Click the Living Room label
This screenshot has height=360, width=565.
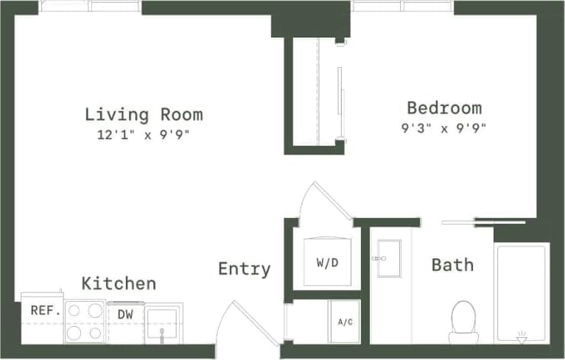[x=144, y=114]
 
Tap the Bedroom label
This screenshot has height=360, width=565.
[x=444, y=108]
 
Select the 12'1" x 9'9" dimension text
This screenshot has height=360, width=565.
[x=144, y=135]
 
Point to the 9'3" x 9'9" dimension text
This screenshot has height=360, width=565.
[x=444, y=127]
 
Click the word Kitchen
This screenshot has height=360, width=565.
[x=119, y=283]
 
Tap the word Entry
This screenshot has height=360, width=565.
[x=244, y=269]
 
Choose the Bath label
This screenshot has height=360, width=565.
[x=452, y=264]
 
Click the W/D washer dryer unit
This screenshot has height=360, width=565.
[x=327, y=261]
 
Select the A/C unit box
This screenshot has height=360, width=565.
[x=344, y=321]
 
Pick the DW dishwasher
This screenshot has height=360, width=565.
[x=124, y=314]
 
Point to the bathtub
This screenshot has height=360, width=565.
[x=521, y=292]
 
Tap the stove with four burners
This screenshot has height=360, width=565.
[x=85, y=322]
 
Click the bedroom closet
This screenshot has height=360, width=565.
[x=315, y=91]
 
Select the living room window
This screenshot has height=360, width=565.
[x=90, y=6]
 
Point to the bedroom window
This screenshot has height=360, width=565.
[x=402, y=6]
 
